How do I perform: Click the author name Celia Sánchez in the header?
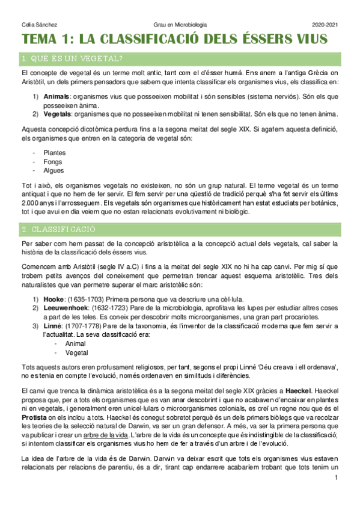point(35,24)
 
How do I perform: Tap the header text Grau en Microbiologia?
point(180,24)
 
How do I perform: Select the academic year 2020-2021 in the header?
point(325,24)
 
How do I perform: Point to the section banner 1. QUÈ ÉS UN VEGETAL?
point(72,58)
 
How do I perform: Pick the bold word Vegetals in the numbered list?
point(58,114)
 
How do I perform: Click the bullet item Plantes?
point(55,153)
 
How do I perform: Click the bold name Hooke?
point(55,299)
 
